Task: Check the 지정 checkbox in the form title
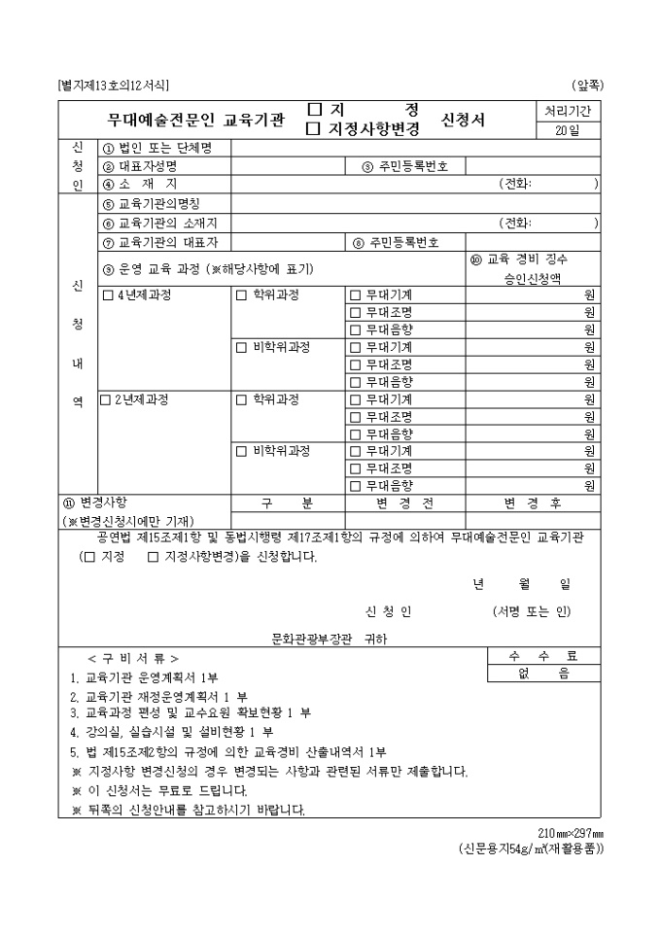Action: (x=314, y=110)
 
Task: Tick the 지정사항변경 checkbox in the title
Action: (x=314, y=128)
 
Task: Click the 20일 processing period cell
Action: (x=568, y=132)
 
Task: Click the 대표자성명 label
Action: (x=146, y=166)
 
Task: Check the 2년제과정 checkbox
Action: (x=106, y=399)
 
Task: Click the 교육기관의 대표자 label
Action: (x=166, y=241)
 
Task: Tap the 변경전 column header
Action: (x=404, y=502)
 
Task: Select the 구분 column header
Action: (x=287, y=502)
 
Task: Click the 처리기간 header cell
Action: (x=568, y=112)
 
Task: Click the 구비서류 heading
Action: (x=133, y=658)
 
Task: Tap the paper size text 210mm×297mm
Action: (x=571, y=833)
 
